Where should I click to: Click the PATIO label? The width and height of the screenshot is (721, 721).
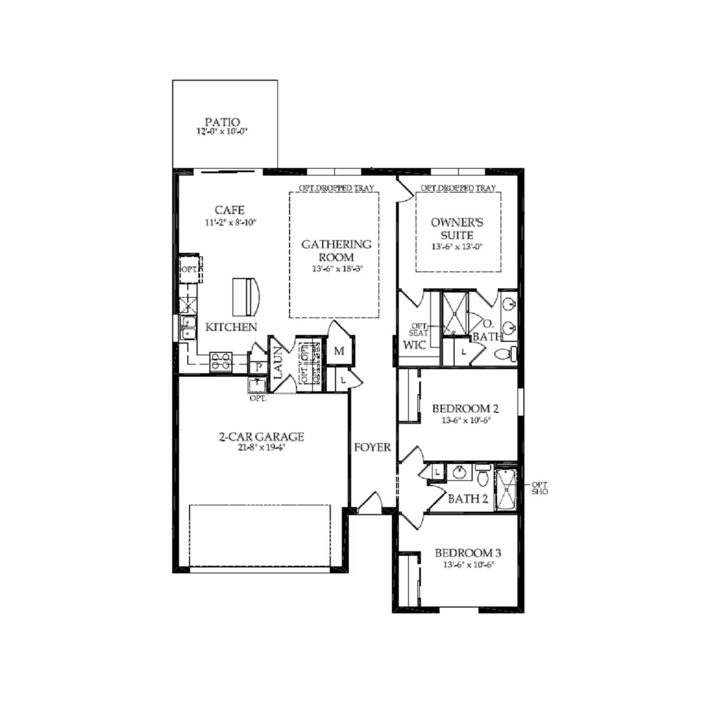tap(222, 122)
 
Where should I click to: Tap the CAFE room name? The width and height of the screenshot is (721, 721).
tap(230, 210)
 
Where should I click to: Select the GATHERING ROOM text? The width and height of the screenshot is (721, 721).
tap(336, 251)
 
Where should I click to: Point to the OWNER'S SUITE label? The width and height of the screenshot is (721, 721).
tap(457, 229)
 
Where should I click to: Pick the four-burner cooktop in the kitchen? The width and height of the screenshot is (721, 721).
tap(221, 361)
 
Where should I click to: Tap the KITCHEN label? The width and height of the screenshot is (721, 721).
tap(231, 327)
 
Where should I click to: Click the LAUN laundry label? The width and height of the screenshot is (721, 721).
tap(279, 363)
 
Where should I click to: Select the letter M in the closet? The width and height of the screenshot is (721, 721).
tap(339, 351)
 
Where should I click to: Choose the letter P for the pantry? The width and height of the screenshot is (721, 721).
tap(258, 367)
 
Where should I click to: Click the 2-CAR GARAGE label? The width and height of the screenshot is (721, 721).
tap(261, 437)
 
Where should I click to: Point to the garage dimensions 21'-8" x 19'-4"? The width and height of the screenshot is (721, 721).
tap(261, 448)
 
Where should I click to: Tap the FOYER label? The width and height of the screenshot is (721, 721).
tap(373, 447)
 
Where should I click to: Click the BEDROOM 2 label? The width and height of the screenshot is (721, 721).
tap(465, 409)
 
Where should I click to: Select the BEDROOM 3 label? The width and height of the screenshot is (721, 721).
tap(467, 553)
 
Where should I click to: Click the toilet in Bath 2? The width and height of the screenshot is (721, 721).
tap(483, 476)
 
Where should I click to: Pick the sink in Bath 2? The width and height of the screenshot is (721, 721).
tap(460, 472)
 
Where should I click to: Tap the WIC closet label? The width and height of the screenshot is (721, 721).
tap(414, 345)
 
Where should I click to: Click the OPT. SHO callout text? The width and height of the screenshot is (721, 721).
tap(540, 488)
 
